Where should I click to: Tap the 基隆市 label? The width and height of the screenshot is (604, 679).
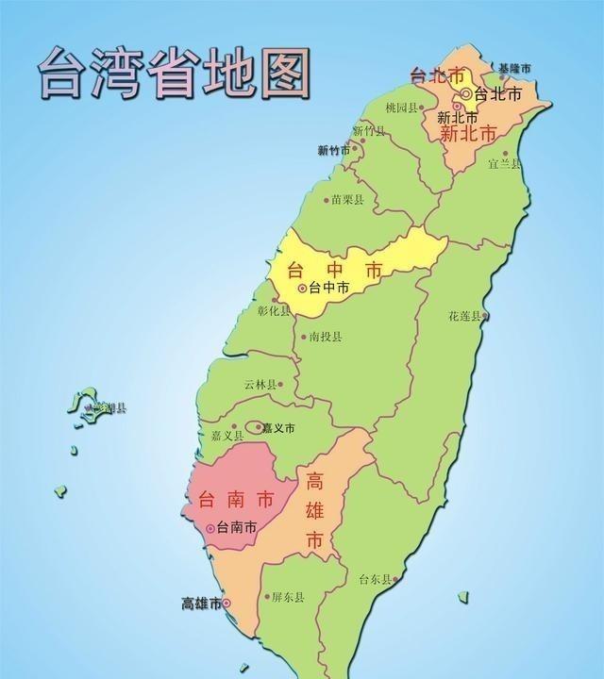[515, 69]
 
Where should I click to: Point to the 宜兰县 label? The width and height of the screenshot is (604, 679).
[504, 163]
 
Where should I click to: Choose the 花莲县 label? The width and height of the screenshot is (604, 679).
[464, 316]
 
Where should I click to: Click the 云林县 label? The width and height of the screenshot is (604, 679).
[260, 385]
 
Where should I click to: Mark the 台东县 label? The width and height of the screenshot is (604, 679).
[375, 580]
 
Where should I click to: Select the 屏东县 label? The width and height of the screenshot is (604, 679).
[287, 597]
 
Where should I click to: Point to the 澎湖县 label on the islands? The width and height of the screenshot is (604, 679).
[107, 408]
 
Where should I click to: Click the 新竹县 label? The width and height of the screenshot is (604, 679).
[368, 131]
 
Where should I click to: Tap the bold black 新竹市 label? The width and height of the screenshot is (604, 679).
[335, 150]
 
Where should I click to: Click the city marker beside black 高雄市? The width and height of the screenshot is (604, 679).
[226, 604]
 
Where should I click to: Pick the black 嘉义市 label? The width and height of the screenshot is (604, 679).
[277, 428]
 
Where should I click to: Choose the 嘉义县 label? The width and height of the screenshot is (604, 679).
[226, 436]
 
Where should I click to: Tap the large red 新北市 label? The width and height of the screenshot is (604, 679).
[468, 133]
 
